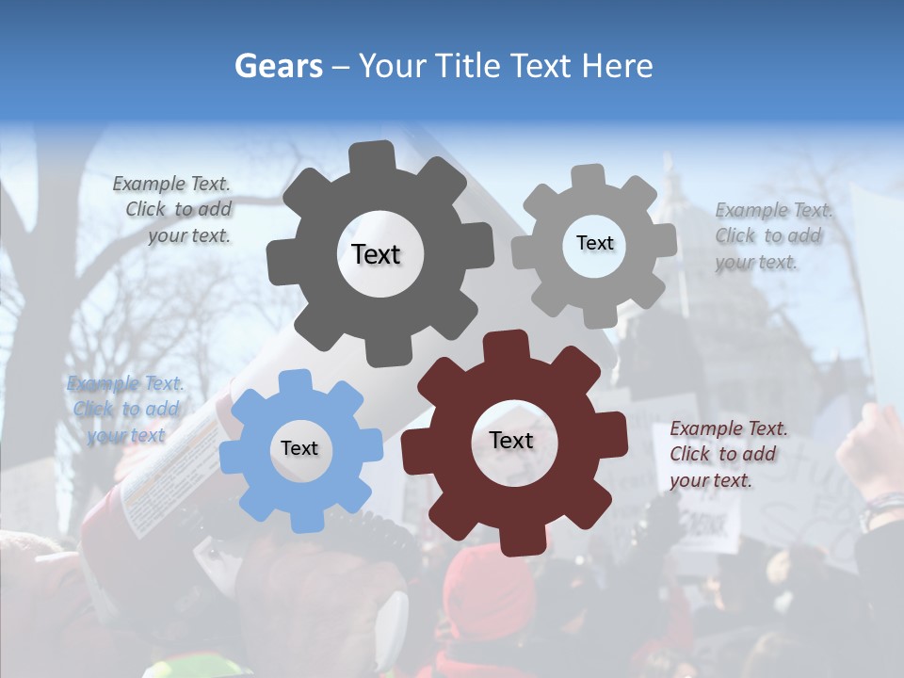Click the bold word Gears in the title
(277, 66)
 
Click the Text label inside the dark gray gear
(376, 254)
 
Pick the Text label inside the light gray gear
(594, 243)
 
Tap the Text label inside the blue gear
(299, 448)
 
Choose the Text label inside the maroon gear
(511, 440)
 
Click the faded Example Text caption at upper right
(773, 235)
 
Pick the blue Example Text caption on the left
(125, 409)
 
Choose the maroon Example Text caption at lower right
(728, 454)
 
